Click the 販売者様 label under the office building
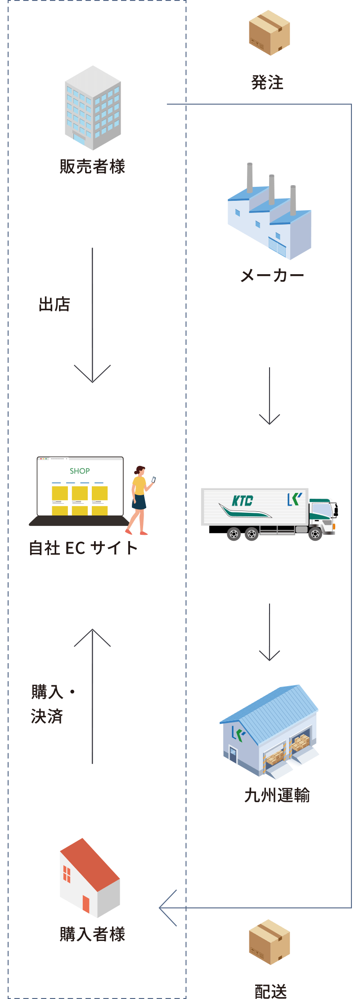click(92, 167)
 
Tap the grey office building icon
click(93, 108)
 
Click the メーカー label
click(272, 276)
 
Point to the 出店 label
click(54, 304)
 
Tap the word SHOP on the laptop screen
click(80, 471)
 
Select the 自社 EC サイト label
click(83, 548)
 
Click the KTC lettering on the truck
click(243, 501)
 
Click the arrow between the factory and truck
click(270, 396)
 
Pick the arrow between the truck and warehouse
click(270, 632)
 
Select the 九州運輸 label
click(277, 796)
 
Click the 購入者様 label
click(92, 934)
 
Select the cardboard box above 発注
click(270, 32)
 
